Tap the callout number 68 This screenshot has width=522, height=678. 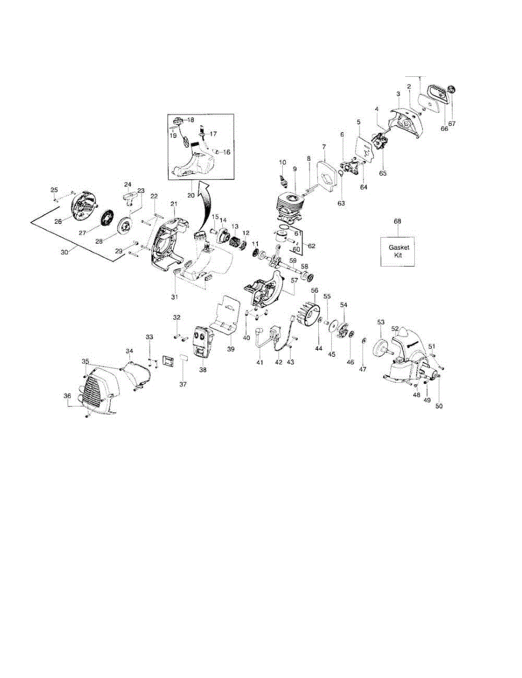click(x=397, y=221)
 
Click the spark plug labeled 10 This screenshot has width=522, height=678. click(x=285, y=181)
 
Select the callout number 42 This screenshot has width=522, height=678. click(x=278, y=362)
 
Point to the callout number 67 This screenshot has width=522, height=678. click(x=451, y=124)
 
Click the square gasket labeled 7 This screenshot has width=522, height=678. click(x=326, y=179)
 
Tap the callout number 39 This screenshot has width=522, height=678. click(x=230, y=349)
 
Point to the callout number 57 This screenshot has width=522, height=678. click(x=293, y=280)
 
